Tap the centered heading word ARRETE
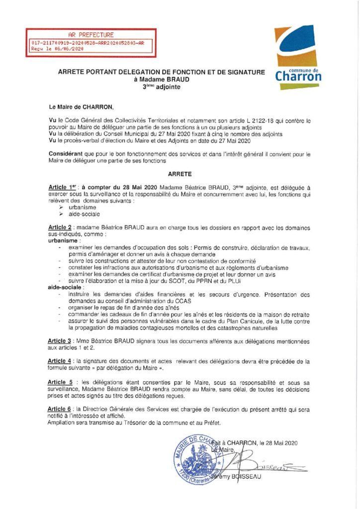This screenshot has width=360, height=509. point(180,175)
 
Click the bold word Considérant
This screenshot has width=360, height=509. point(67,155)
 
